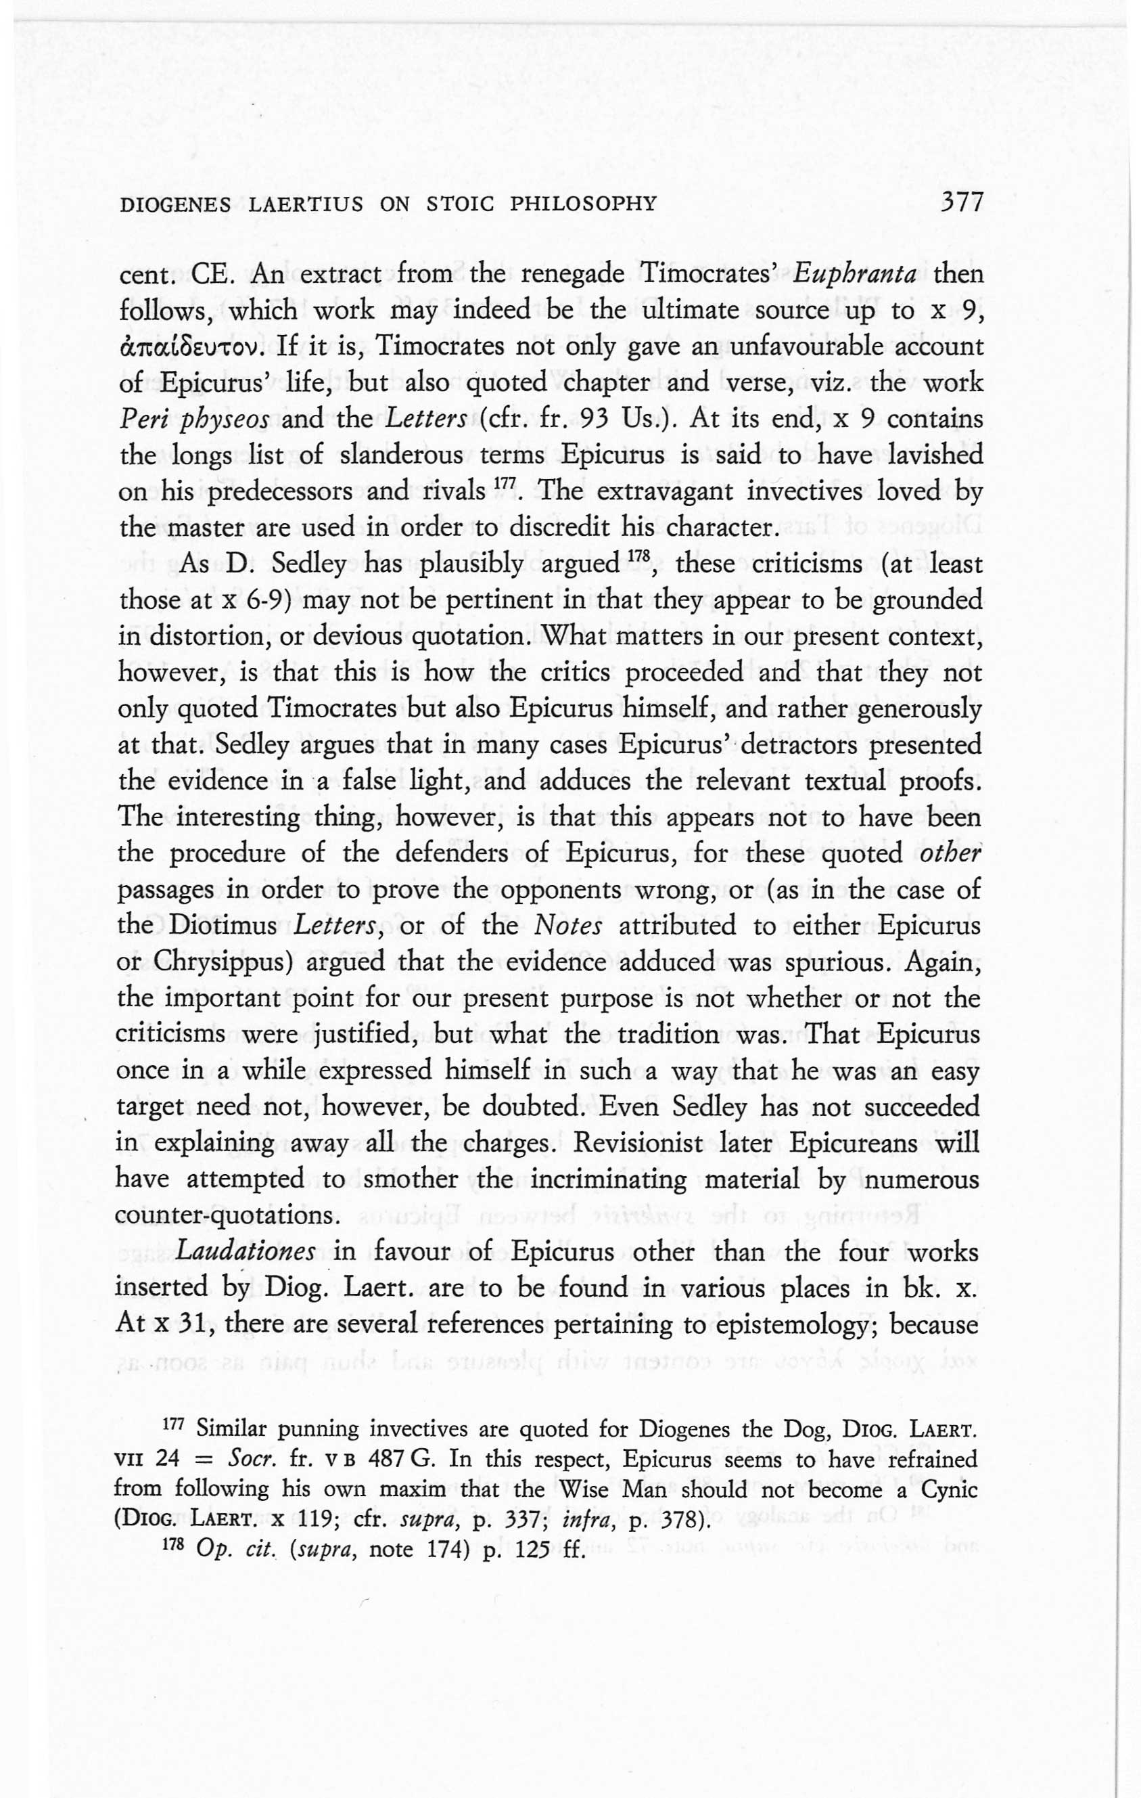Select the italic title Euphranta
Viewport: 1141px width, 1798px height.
click(854, 274)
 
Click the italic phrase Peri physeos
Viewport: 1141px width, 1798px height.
click(194, 419)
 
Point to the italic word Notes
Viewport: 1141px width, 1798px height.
click(563, 926)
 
